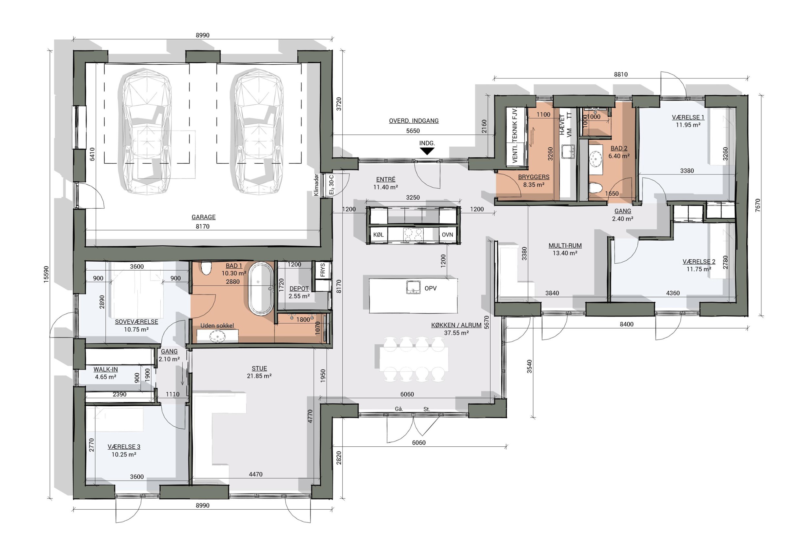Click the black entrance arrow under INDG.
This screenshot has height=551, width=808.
tap(427, 151)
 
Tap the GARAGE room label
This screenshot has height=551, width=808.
tap(203, 217)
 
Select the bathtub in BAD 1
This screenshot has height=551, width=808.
tap(261, 289)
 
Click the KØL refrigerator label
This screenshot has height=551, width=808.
tap(378, 235)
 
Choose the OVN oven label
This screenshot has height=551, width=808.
tap(447, 235)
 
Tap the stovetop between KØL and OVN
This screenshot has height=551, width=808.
tap(413, 235)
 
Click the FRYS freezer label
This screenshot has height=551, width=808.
tap(323, 270)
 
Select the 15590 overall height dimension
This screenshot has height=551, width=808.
tap(47, 275)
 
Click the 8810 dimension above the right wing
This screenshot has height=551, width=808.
tap(621, 74)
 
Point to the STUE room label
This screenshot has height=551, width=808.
tap(259, 368)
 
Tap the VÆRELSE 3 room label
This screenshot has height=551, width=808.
tap(124, 447)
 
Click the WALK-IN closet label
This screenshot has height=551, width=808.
tap(106, 369)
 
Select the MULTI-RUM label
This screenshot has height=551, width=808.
tap(565, 245)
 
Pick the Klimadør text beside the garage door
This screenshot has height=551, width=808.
tap(316, 185)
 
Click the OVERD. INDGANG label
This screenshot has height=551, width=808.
tap(414, 121)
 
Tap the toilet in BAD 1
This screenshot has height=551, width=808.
tap(207, 268)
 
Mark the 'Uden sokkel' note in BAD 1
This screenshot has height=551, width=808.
tap(217, 326)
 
